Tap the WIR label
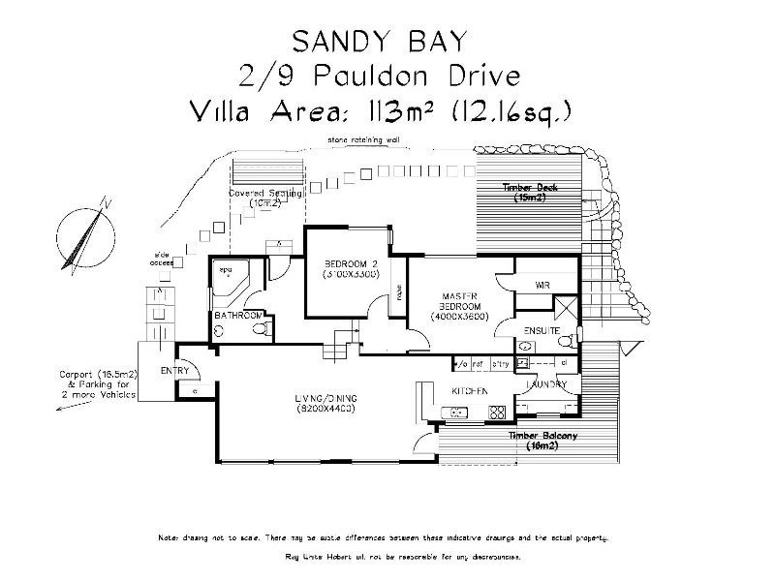(x=542, y=286)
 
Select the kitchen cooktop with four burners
(x=498, y=413)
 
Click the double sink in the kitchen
(x=456, y=413)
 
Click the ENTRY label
(x=173, y=371)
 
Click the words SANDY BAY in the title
(x=379, y=40)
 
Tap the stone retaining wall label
(x=362, y=140)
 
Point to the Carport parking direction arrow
(x=73, y=407)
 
